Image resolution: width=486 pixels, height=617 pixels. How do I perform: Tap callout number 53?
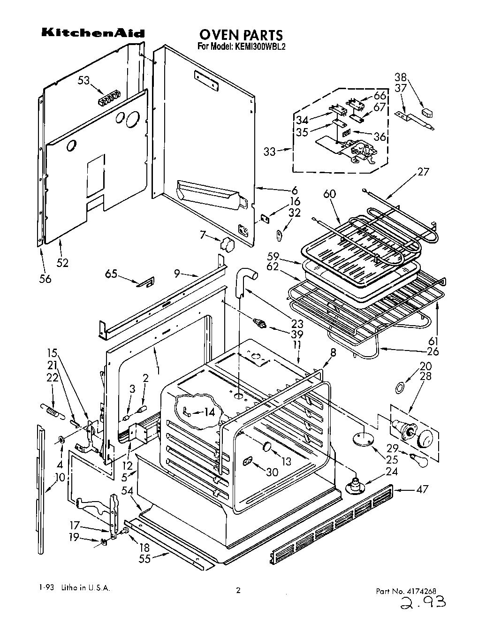pyautogui.click(x=84, y=81)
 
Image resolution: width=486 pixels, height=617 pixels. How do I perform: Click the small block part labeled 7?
pyautogui.click(x=228, y=244)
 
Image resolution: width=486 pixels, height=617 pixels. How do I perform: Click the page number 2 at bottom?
pyautogui.click(x=238, y=591)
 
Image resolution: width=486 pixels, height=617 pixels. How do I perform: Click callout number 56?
pyautogui.click(x=45, y=279)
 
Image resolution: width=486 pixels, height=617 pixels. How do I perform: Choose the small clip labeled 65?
pyautogui.click(x=145, y=283)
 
